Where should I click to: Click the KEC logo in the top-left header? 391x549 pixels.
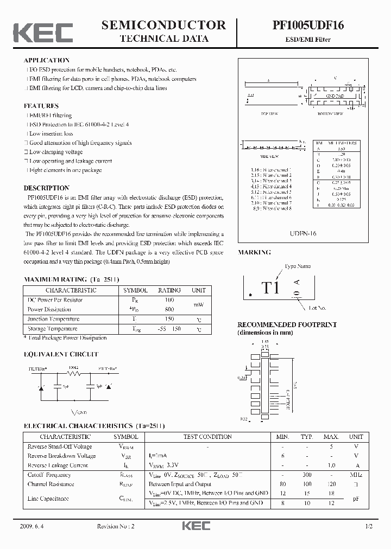(x=43, y=32)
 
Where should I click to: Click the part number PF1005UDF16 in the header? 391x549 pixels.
(x=308, y=25)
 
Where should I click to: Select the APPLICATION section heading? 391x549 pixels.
(x=47, y=60)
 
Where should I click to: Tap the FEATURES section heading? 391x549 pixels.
(x=41, y=106)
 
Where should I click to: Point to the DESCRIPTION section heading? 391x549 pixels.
(x=46, y=188)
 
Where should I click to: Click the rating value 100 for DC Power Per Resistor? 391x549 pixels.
(x=169, y=300)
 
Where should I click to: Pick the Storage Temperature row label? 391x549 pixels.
(x=52, y=329)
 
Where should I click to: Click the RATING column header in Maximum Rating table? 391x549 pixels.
(x=169, y=290)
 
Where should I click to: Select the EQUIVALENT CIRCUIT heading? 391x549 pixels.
(x=61, y=354)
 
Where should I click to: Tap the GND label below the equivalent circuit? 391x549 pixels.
(x=83, y=413)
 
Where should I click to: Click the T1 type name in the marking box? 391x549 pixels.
(x=270, y=288)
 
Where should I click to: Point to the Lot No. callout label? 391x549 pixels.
(x=317, y=308)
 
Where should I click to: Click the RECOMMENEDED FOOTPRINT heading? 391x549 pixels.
(x=287, y=324)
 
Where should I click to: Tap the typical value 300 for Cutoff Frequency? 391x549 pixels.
(x=307, y=475)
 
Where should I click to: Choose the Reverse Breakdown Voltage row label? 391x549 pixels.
(x=61, y=456)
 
